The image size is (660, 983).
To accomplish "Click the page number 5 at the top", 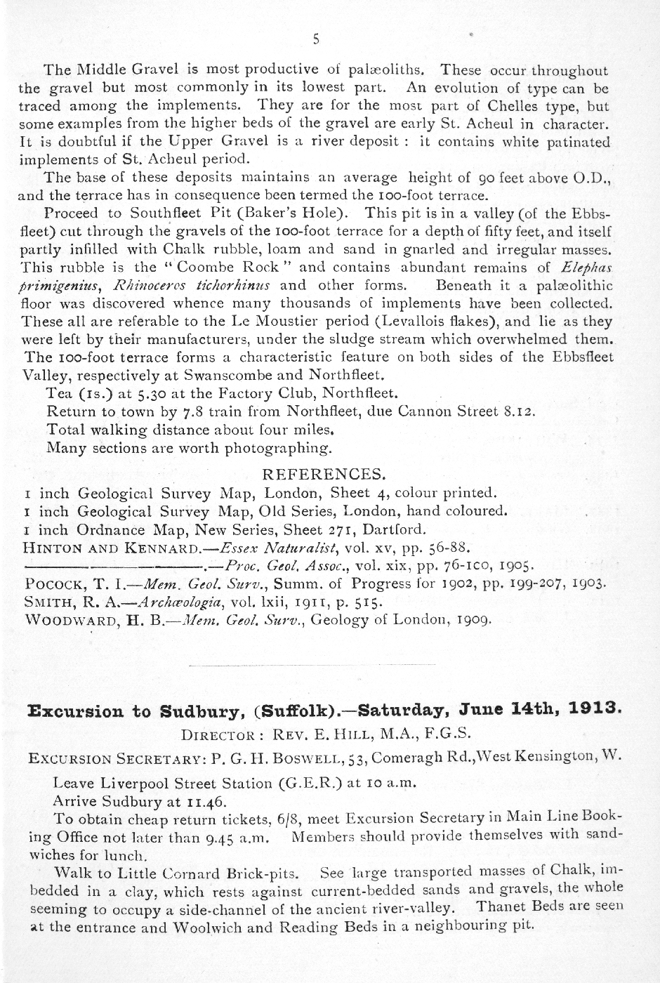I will tap(316, 40).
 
